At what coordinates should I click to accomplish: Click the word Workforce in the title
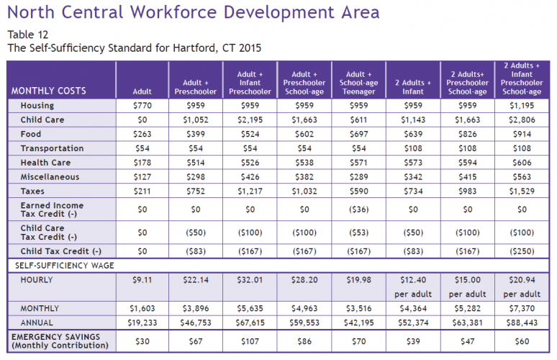pos(173,12)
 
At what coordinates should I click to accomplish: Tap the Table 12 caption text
pos(28,35)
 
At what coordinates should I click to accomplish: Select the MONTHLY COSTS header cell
pos(49,91)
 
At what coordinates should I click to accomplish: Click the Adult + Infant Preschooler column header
pos(250,83)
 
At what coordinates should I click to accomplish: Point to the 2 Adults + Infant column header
pos(413,87)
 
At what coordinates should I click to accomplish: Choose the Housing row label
pos(37,106)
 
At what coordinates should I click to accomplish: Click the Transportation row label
pos(52,148)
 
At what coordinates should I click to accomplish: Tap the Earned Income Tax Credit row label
pos(52,210)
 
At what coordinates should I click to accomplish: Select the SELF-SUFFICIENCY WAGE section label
pos(65,266)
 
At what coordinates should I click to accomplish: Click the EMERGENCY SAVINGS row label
pos(60,341)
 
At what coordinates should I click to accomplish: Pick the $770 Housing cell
pos(142,106)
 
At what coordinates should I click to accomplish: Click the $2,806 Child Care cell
pos(522,120)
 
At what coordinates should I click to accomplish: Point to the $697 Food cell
pos(359,134)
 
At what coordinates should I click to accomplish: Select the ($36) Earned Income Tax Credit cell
pos(359,210)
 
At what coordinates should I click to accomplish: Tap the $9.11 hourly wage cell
pos(142,280)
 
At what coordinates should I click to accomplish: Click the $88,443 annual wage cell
pos(522,323)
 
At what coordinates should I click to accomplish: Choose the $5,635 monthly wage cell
pos(250,308)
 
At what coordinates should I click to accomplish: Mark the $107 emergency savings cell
pos(250,341)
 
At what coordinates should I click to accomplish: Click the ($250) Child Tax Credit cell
pos(522,251)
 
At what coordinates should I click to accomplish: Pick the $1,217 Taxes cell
pos(250,192)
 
